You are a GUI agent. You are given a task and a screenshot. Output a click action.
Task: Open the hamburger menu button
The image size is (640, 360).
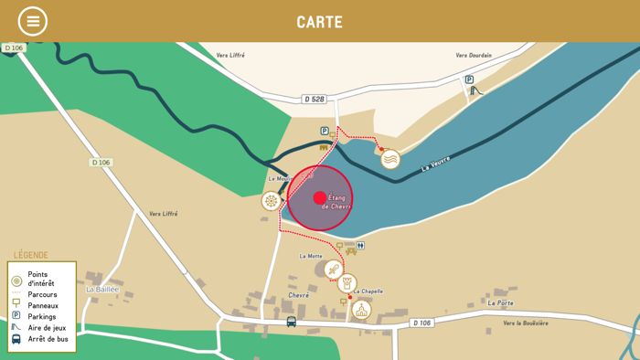click(x=33, y=21)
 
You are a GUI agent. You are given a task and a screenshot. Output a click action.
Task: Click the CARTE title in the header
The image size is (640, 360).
click(x=319, y=22)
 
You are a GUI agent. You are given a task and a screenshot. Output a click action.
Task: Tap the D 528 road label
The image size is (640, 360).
click(x=314, y=100)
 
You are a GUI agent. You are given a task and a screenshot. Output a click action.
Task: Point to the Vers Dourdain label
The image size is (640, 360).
click(x=474, y=56)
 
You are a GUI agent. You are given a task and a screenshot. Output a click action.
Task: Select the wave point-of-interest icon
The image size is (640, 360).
click(x=390, y=159)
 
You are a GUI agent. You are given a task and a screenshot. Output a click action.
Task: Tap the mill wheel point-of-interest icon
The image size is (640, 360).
click(x=271, y=201)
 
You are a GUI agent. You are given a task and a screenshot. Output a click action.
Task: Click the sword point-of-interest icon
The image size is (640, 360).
click(x=333, y=270)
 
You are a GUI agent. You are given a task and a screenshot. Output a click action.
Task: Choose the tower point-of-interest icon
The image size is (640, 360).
click(x=347, y=284)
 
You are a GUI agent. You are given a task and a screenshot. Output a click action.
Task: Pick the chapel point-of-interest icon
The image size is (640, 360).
click(x=361, y=310)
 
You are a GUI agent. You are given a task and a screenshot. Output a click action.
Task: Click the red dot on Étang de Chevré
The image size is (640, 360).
click(x=319, y=197)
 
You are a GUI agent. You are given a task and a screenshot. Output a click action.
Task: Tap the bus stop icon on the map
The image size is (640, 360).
click(x=292, y=322)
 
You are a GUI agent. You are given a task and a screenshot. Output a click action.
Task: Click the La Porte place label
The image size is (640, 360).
click(x=500, y=302)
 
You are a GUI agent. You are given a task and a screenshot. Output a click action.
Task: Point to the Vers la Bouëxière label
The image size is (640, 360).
click(x=526, y=323)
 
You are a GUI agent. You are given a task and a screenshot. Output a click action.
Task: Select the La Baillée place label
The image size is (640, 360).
click(x=102, y=290)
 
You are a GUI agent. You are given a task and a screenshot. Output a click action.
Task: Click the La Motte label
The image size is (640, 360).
click(x=311, y=256)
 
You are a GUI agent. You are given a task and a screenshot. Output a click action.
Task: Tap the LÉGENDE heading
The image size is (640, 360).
click(x=30, y=255)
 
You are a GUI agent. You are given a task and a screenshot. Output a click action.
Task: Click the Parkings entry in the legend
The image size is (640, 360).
click(x=42, y=317)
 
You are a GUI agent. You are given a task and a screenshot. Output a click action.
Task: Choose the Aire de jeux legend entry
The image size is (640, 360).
click(x=47, y=328)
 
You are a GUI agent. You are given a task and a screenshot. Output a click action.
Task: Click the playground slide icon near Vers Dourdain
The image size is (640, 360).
click(x=475, y=90)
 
